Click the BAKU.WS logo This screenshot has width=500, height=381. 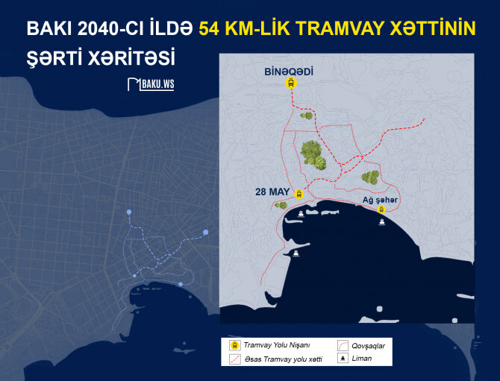(x=151, y=84)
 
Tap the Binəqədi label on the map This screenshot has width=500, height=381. (x=289, y=72)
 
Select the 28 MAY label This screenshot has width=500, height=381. (x=271, y=192)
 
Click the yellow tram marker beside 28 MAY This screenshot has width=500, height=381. (x=299, y=194)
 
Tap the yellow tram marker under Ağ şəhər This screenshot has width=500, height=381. (x=382, y=210)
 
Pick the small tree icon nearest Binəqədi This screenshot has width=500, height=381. (x=305, y=116)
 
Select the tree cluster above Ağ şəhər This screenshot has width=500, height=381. (x=370, y=177)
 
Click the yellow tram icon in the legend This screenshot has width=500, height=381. (x=234, y=346)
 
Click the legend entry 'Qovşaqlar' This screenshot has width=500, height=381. (x=367, y=346)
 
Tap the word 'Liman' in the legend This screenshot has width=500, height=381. (x=361, y=359)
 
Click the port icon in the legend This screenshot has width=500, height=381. (x=343, y=359)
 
